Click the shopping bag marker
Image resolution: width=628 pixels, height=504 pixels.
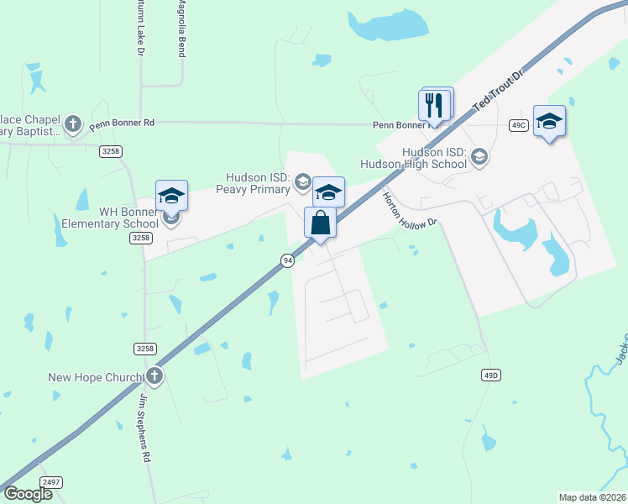click(x=320, y=224)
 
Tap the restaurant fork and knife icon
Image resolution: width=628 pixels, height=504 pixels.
click(x=434, y=105)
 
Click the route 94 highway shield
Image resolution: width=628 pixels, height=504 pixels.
click(x=288, y=260)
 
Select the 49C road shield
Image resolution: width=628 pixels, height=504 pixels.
click(x=518, y=125)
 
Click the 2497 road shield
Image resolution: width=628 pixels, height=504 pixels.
click(x=51, y=483)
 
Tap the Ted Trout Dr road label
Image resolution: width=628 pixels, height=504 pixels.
click(x=499, y=92)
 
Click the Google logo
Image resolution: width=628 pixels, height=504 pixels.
click(x=28, y=494)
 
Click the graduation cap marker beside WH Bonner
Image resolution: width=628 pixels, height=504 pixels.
click(x=171, y=197)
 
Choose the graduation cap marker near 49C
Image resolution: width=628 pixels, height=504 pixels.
click(x=549, y=122)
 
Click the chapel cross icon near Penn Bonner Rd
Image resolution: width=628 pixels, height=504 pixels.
click(x=72, y=123)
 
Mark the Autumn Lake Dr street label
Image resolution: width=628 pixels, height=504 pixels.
click(x=140, y=29)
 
